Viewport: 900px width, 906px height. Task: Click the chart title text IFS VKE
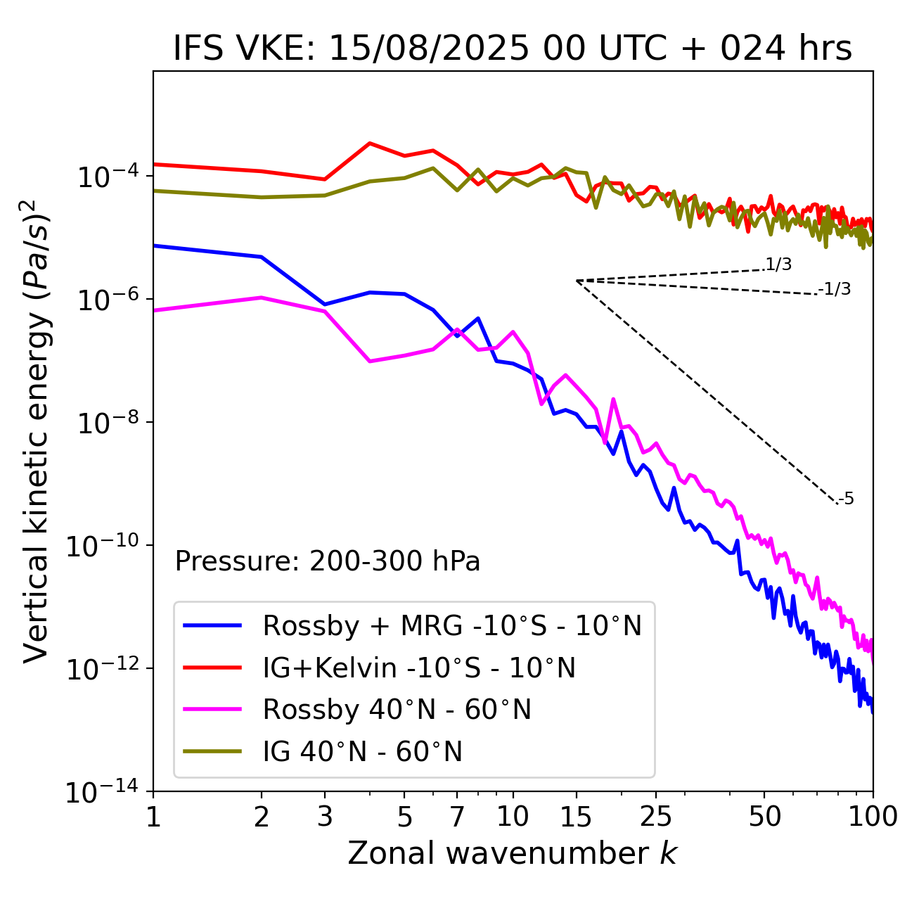click(512, 49)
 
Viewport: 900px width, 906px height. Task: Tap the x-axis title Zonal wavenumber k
click(512, 853)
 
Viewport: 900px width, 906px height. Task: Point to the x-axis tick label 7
click(457, 817)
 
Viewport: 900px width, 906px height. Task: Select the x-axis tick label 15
click(576, 817)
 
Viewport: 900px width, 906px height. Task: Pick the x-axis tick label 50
click(764, 817)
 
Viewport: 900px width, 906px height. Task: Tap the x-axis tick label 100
click(873, 817)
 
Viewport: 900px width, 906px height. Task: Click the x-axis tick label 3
click(324, 817)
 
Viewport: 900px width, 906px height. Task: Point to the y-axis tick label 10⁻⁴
click(105, 176)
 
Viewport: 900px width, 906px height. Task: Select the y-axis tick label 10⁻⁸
click(105, 423)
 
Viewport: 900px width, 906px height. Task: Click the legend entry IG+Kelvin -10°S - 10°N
click(419, 668)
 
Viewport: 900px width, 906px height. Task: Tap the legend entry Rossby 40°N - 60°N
click(397, 710)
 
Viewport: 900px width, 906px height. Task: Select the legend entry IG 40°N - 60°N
click(362, 752)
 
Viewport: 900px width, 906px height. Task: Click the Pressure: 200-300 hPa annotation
click(327, 561)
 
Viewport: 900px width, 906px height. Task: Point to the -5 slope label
click(847, 499)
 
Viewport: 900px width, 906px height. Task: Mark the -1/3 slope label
click(835, 289)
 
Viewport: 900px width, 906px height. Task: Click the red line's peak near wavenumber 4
click(370, 143)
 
